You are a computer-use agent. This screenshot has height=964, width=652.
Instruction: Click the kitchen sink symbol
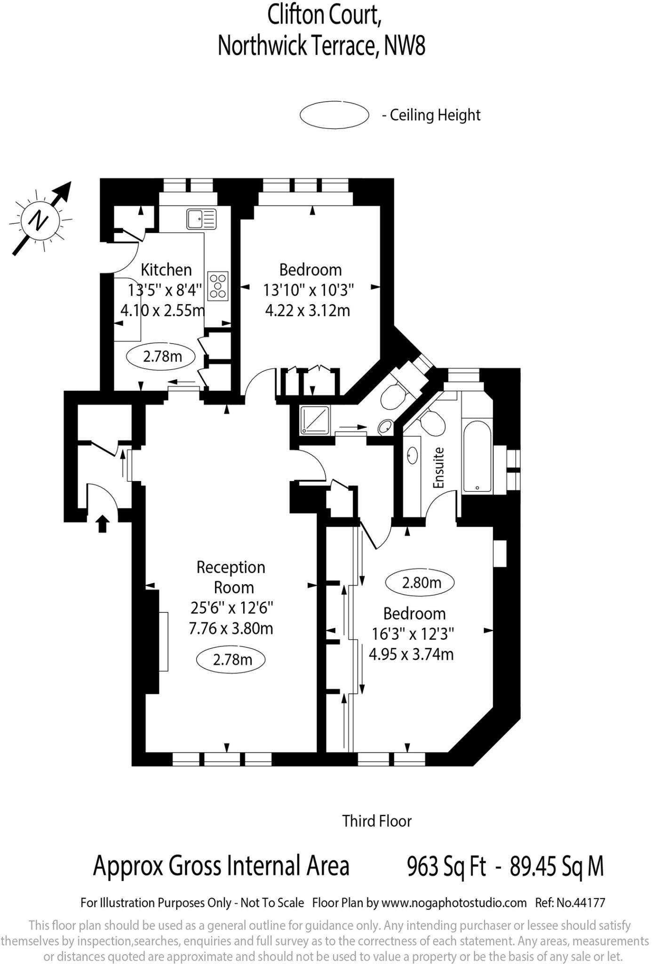pyautogui.click(x=201, y=219)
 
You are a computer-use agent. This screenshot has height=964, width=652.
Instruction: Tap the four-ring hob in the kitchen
pyautogui.click(x=218, y=286)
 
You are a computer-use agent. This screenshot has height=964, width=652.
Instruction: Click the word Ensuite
pyautogui.click(x=438, y=468)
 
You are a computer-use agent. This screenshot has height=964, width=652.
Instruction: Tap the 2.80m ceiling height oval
pyautogui.click(x=420, y=583)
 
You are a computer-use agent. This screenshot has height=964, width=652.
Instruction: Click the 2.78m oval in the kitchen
pyautogui.click(x=162, y=356)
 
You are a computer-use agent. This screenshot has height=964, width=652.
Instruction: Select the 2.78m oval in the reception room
pyautogui.click(x=231, y=659)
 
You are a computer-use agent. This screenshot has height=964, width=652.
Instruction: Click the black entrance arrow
pyautogui.click(x=103, y=523)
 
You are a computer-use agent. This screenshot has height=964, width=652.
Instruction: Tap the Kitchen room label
pyautogui.click(x=167, y=270)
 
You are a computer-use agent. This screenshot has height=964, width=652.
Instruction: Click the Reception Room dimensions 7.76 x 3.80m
pyautogui.click(x=231, y=628)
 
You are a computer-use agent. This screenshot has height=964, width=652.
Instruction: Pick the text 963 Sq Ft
pyautogui.click(x=446, y=866)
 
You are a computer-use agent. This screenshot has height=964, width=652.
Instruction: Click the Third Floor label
pyautogui.click(x=377, y=821)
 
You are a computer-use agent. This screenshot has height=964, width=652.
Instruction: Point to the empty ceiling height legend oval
pyautogui.click(x=334, y=114)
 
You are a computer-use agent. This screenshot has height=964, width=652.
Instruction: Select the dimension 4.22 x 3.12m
pyautogui.click(x=308, y=311)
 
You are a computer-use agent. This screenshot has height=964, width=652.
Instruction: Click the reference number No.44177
pyautogui.click(x=580, y=903)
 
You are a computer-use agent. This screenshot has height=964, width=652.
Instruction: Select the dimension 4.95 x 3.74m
pyautogui.click(x=411, y=654)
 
